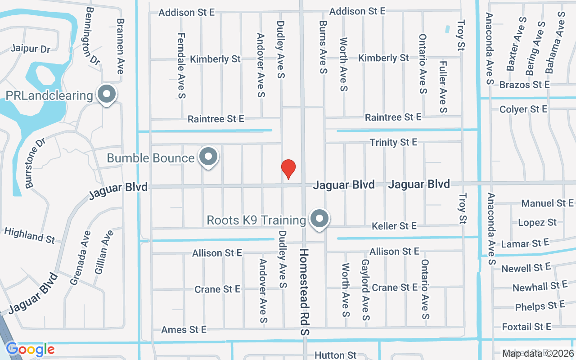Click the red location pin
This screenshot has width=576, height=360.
pos(288,169)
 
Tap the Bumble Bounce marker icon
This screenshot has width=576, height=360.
pos(208,157)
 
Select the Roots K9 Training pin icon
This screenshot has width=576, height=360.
pos(319,219)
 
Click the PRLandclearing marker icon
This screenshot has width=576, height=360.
pos(107,94)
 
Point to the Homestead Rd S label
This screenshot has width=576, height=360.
pos(305,292)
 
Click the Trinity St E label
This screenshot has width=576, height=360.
pos(393,142)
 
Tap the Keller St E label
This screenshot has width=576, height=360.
pos(394,225)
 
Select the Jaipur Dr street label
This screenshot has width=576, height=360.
pos(30,49)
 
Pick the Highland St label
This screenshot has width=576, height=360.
pos(29,235)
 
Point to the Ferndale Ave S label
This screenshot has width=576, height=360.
pos(181,65)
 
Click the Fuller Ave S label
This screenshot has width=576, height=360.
pos(443,87)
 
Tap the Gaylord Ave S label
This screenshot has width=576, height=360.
pos(365,290)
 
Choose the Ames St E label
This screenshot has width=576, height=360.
pos(184,330)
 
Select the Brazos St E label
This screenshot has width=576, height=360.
pos(524,85)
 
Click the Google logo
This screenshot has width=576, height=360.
pos(30,349)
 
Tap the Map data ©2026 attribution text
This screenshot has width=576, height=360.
pos(537,353)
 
